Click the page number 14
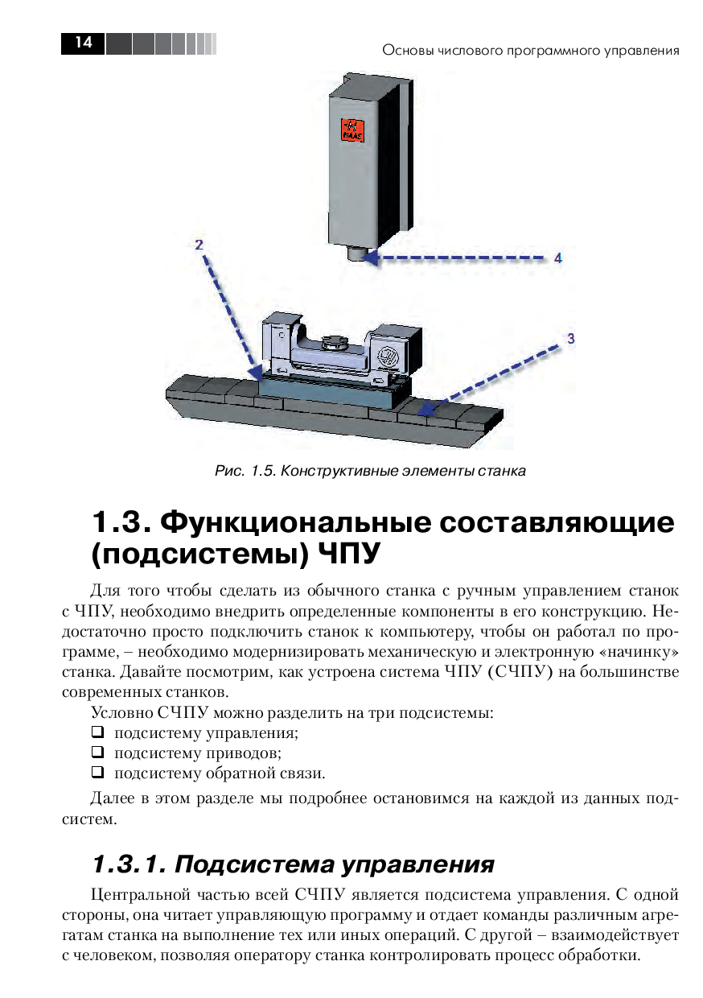coord(84,43)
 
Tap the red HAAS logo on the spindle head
coord(352,130)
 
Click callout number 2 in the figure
coord(199,245)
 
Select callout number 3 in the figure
coord(571,339)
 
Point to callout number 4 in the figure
coord(558,258)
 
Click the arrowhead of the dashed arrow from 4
coord(371,258)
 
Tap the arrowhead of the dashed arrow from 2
coord(256,372)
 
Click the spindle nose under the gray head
coord(356,254)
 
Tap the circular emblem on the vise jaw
coord(385,356)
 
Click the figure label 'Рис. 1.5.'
coord(244,471)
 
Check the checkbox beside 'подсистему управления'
coord(97,732)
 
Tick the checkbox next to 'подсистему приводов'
coord(97,753)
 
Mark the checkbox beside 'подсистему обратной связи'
coord(97,772)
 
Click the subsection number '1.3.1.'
coord(129,864)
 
